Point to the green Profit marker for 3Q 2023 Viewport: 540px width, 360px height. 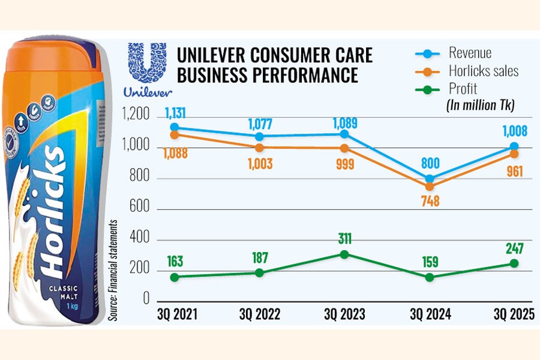[344, 254]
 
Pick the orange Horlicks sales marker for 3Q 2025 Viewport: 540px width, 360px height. [514, 154]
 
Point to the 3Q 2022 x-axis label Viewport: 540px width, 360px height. [259, 314]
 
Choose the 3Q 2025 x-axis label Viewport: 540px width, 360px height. [514, 314]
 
